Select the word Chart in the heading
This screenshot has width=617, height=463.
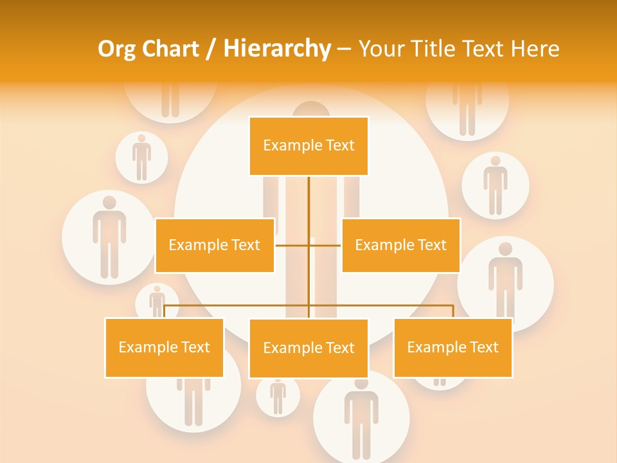(x=170, y=49)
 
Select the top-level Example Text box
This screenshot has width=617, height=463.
(x=308, y=146)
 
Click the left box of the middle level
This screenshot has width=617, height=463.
(x=215, y=245)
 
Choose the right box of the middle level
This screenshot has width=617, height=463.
(x=400, y=245)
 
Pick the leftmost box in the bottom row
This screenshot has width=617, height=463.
(x=164, y=347)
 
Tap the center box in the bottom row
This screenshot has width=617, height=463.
(x=308, y=348)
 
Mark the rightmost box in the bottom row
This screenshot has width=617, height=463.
(x=452, y=347)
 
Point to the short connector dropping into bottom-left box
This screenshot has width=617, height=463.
(x=165, y=311)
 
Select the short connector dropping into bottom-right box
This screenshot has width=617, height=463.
(x=453, y=311)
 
